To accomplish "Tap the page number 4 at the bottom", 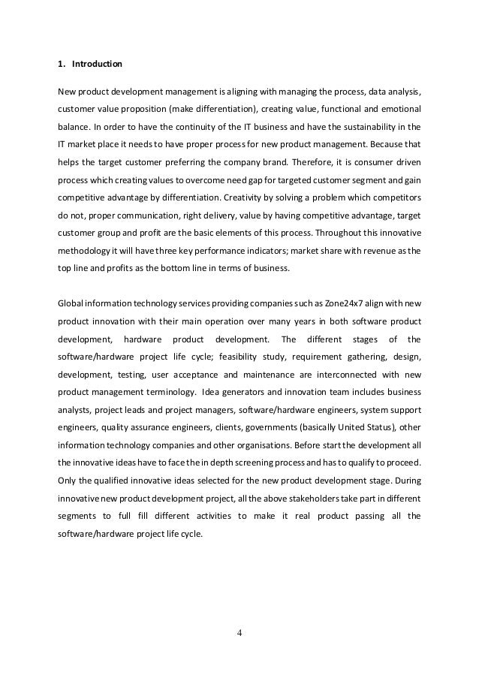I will coord(239,631).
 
